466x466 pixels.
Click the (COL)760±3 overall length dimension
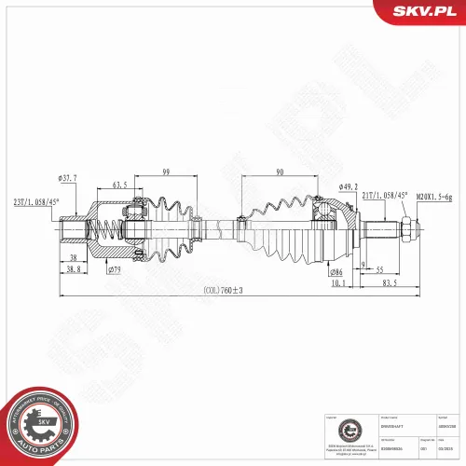pyautogui.click(x=223, y=291)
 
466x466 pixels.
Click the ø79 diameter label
pyautogui.click(x=116, y=270)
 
